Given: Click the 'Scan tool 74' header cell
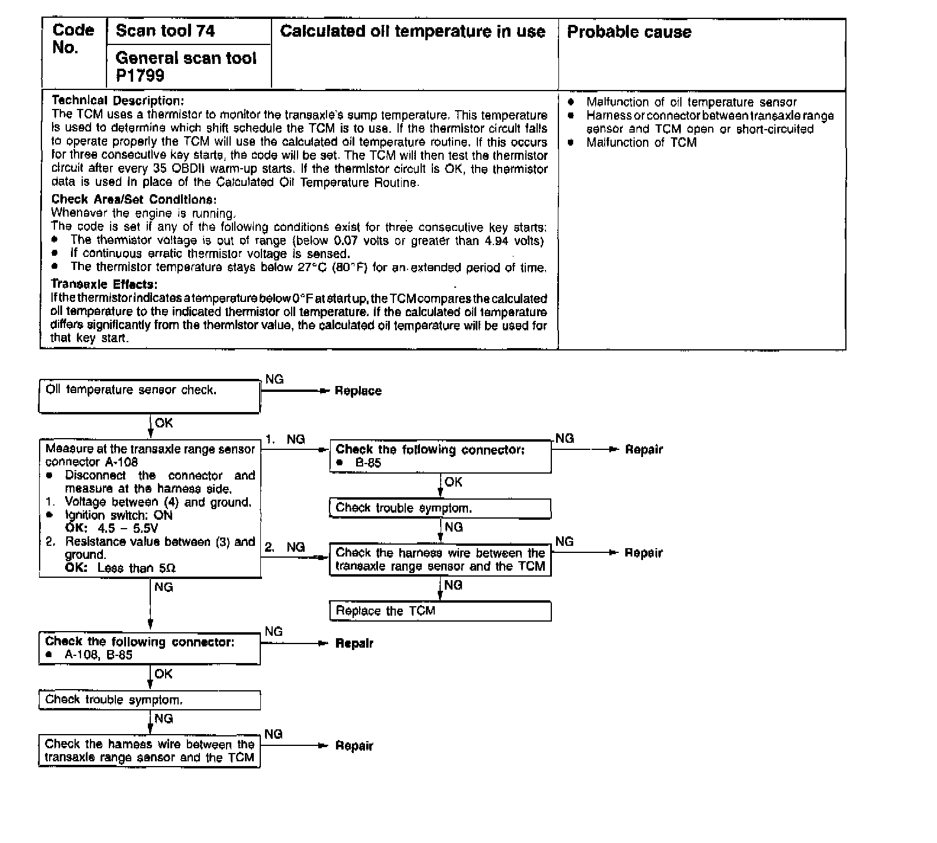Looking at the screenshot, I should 165,31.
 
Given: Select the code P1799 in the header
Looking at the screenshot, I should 140,76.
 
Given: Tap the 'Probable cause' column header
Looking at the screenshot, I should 629,32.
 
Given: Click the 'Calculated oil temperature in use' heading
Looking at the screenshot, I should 412,31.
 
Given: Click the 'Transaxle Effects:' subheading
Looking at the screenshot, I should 104,284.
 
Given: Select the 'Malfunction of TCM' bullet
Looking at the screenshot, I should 641,143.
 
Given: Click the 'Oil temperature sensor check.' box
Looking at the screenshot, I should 131,390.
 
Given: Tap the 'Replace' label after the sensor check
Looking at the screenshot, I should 358,391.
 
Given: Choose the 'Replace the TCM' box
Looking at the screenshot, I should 385,611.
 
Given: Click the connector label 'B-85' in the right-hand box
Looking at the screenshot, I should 368,464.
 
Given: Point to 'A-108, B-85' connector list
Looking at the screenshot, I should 98,655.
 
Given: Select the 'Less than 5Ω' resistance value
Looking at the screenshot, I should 136,568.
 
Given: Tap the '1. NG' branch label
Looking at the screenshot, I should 285,439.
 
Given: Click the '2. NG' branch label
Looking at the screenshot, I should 285,548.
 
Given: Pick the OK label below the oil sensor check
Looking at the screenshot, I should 163,423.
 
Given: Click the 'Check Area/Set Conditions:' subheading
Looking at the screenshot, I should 134,200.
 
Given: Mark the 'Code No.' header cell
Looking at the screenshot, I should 73,39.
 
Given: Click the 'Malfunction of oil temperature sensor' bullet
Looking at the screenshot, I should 691,102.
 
